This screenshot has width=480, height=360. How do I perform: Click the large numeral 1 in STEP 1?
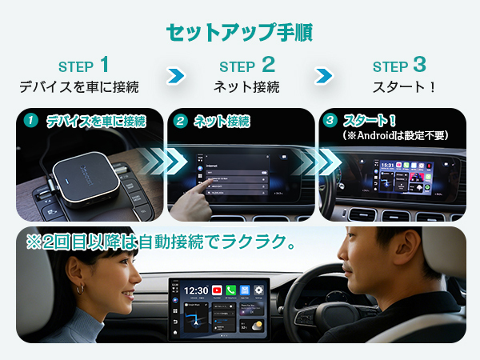pyautogui.click(x=104, y=65)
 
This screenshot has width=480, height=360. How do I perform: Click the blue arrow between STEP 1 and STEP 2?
pyautogui.click(x=176, y=76)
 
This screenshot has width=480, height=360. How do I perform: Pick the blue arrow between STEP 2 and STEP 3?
pyautogui.click(x=324, y=76)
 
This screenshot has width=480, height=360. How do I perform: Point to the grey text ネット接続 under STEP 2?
pyautogui.click(x=246, y=86)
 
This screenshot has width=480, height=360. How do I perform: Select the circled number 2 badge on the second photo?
pyautogui.click(x=181, y=122)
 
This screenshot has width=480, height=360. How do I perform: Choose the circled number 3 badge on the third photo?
pyautogui.click(x=330, y=122)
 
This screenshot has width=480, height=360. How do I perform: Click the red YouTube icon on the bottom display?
pyautogui.click(x=217, y=290)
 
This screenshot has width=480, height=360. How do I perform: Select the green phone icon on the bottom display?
pyautogui.click(x=230, y=290)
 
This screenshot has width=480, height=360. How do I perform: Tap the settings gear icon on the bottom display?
pyautogui.click(x=258, y=290)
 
